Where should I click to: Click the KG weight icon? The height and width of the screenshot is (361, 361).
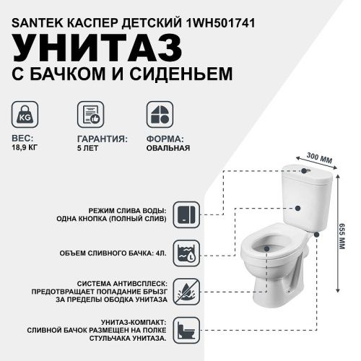26,115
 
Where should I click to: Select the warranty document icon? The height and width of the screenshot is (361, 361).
90,115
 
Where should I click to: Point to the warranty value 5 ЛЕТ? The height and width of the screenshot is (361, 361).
88,148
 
